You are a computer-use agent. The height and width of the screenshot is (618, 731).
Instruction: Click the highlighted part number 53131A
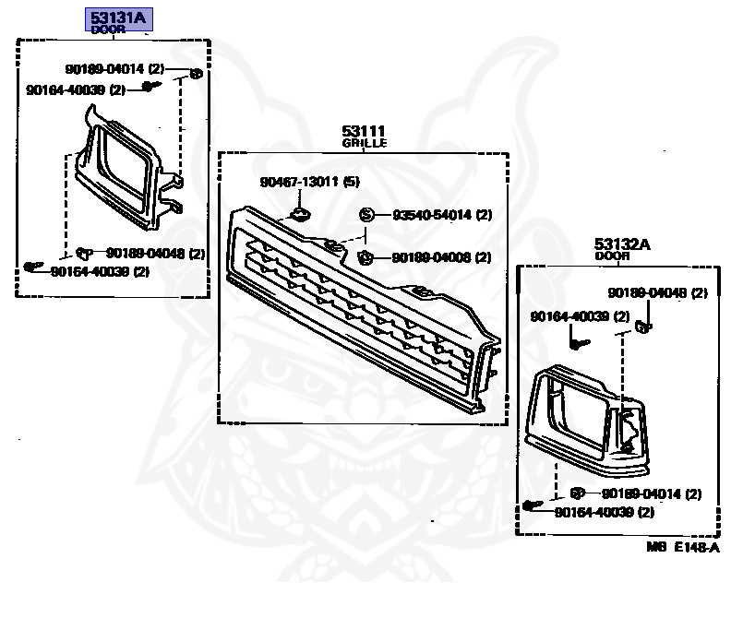[x=120, y=18]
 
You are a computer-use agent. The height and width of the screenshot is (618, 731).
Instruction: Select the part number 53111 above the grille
[x=363, y=132]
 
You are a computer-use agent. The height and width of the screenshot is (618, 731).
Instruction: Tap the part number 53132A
[x=621, y=244]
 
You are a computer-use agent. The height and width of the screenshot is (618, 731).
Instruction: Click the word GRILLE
[x=364, y=144]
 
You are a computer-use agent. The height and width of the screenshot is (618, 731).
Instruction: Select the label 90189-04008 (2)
[x=441, y=257]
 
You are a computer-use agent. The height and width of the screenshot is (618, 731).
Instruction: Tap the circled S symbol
[x=365, y=215]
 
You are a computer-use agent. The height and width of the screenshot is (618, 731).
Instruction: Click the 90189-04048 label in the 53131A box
[x=155, y=253]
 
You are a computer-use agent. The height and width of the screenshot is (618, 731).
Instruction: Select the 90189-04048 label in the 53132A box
[x=657, y=293]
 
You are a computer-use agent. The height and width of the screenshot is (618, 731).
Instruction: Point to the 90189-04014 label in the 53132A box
[x=652, y=493]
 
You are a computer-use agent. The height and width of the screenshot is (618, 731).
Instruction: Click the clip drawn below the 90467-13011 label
[x=300, y=216]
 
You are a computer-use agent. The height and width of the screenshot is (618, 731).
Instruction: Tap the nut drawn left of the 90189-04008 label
[x=364, y=257]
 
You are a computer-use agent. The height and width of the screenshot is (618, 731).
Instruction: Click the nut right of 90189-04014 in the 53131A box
[x=196, y=73]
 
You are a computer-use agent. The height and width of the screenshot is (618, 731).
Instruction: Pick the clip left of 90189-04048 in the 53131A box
[x=84, y=250]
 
